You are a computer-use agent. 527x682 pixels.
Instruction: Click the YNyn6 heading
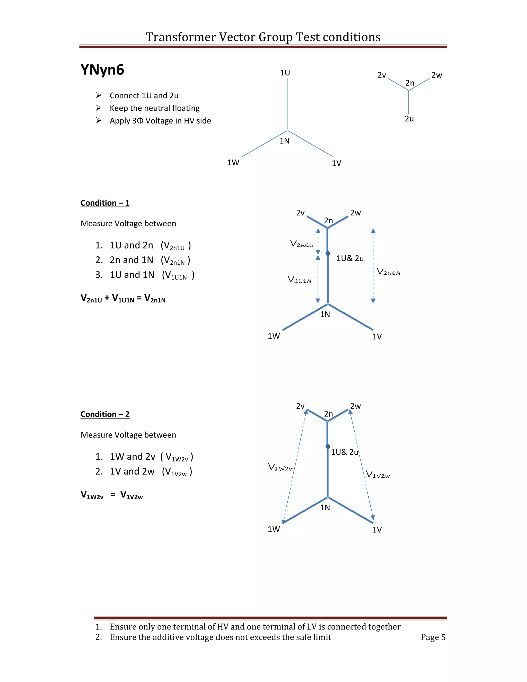[x=102, y=70]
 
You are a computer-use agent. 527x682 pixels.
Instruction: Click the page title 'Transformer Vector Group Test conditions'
[x=263, y=37]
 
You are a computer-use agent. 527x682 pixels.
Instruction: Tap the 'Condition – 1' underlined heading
[x=105, y=203]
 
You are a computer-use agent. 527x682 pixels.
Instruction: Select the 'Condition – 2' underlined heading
[x=105, y=414]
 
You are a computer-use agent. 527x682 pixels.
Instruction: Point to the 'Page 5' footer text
[x=433, y=637]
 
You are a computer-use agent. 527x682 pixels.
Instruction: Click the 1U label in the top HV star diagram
[x=285, y=73]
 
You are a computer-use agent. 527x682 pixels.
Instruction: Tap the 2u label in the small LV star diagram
[x=409, y=119]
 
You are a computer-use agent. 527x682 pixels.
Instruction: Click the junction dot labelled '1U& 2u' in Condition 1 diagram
[x=328, y=253]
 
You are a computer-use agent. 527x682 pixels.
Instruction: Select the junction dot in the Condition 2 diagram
[x=328, y=447]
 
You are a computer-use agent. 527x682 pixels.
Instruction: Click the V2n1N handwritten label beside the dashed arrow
[x=388, y=272]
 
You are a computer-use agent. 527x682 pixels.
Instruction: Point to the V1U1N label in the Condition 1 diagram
[x=299, y=279]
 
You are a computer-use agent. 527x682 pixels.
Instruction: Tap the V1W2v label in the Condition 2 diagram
[x=280, y=467]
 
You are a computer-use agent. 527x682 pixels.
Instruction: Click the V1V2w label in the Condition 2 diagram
[x=378, y=475]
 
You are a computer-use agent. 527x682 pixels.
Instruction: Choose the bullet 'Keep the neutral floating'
[x=155, y=108]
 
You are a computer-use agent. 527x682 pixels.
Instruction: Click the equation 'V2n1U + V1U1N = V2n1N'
[x=123, y=298]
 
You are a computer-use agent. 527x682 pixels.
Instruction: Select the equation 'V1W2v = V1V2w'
[x=111, y=495]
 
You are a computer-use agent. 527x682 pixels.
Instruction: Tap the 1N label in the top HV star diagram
[x=284, y=141]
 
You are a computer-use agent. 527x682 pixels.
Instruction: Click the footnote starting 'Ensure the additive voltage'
[x=220, y=637]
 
